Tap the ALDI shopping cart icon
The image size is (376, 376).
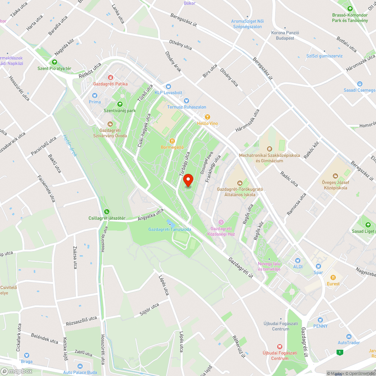pyautogui.click(x=298, y=260)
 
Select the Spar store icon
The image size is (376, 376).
pyautogui.click(x=318, y=266)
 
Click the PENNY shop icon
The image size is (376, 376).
pyautogui.click(x=320, y=320)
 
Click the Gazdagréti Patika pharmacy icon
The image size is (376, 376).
pyautogui.click(x=111, y=77)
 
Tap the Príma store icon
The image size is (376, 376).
pyautogui.click(x=95, y=96)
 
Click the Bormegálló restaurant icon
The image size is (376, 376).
pyautogui.click(x=172, y=141)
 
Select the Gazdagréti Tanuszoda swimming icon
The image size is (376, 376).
pyautogui.click(x=169, y=223)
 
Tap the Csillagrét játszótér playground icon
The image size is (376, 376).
pyautogui.click(x=107, y=212)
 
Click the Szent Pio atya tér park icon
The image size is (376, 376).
pyautogui.click(x=55, y=62)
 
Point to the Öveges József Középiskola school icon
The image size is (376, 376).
pyautogui.click(x=335, y=176)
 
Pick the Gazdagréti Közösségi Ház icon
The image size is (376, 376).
pyautogui.click(x=221, y=222)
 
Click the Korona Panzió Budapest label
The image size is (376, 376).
pyautogui.click(x=285, y=35)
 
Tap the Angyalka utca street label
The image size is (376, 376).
pyautogui.click(x=151, y=214)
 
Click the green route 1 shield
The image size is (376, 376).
pyautogui.click(x=340, y=352)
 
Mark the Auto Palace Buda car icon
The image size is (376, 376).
pyautogui.click(x=80, y=366)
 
